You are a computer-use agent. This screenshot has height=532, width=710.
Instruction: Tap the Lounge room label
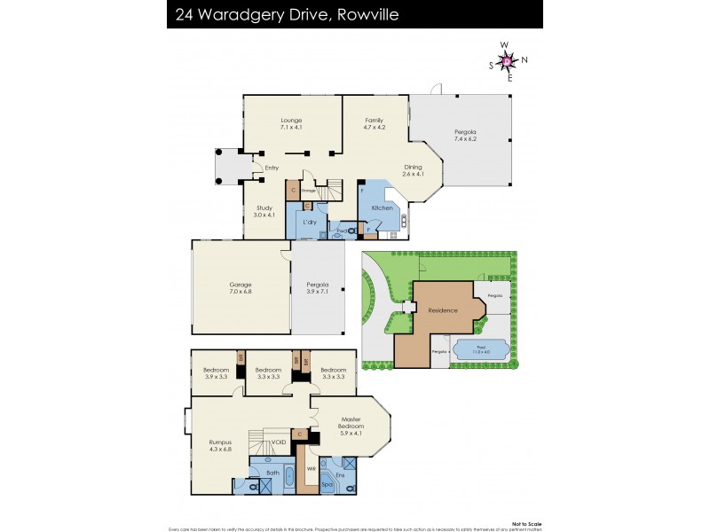tap(291, 124)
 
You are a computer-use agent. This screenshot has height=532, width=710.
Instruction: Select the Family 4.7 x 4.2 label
tap(374, 124)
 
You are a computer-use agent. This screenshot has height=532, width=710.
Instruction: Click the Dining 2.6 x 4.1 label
tap(414, 170)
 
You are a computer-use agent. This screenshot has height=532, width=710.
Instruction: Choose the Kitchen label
tap(370, 207)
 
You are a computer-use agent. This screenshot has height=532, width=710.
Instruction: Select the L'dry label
tap(310, 222)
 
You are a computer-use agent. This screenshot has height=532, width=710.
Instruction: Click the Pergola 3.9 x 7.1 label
tap(317, 288)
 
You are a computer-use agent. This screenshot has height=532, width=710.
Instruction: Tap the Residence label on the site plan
tap(442, 310)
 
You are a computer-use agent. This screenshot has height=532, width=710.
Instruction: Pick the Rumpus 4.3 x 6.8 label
tap(220, 445)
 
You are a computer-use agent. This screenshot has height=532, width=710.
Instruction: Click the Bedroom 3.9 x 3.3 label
tap(216, 372)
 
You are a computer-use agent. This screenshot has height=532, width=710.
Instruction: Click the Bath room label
tap(272, 473)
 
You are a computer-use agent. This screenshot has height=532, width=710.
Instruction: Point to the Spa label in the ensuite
tap(326, 485)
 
